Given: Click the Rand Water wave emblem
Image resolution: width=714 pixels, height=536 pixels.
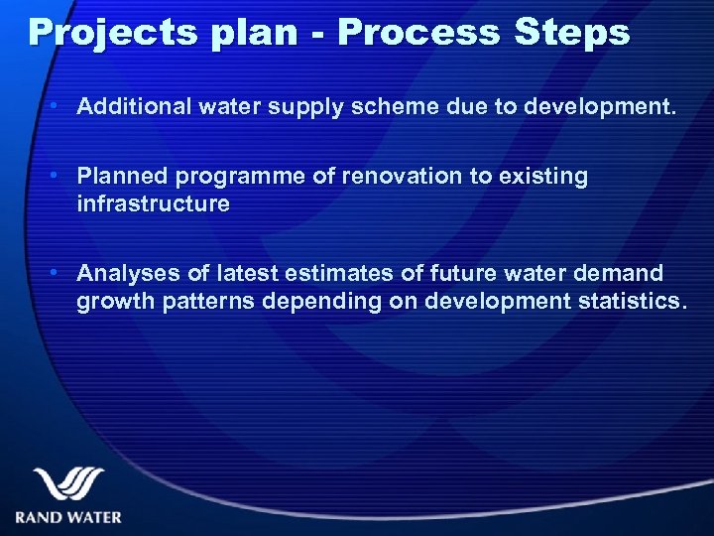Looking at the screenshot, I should pyautogui.click(x=68, y=484).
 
